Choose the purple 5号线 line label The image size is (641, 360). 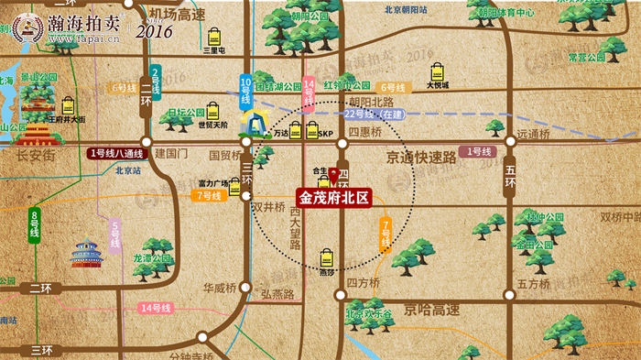point(115,237)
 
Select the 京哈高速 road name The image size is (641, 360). point(431,310)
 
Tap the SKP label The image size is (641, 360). point(326,134)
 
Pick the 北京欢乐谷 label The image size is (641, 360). point(369,313)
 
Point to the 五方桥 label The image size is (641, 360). point(533,283)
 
